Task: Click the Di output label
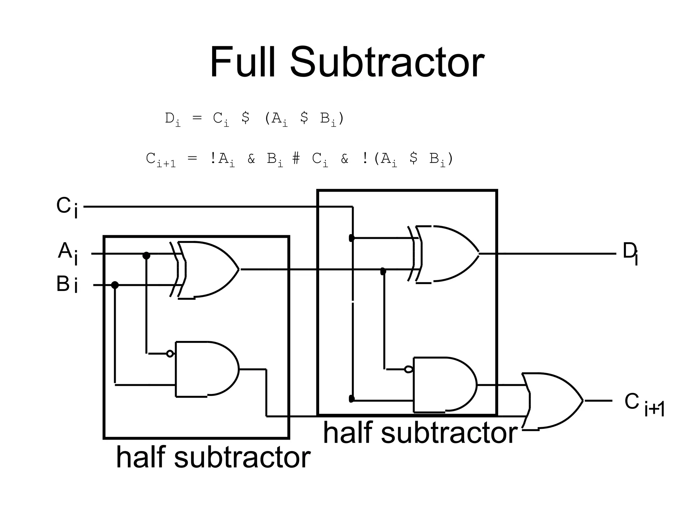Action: coord(630,253)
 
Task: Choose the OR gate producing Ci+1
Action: coord(552,401)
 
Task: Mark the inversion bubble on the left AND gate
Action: coord(170,354)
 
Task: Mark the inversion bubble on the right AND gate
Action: coord(408,369)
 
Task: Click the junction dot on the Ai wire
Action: coord(146,255)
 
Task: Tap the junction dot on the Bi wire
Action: coord(115,285)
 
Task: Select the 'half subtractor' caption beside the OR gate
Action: coord(420,433)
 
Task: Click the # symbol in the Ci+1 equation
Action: coord(296,158)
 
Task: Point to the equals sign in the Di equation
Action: coord(197,118)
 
